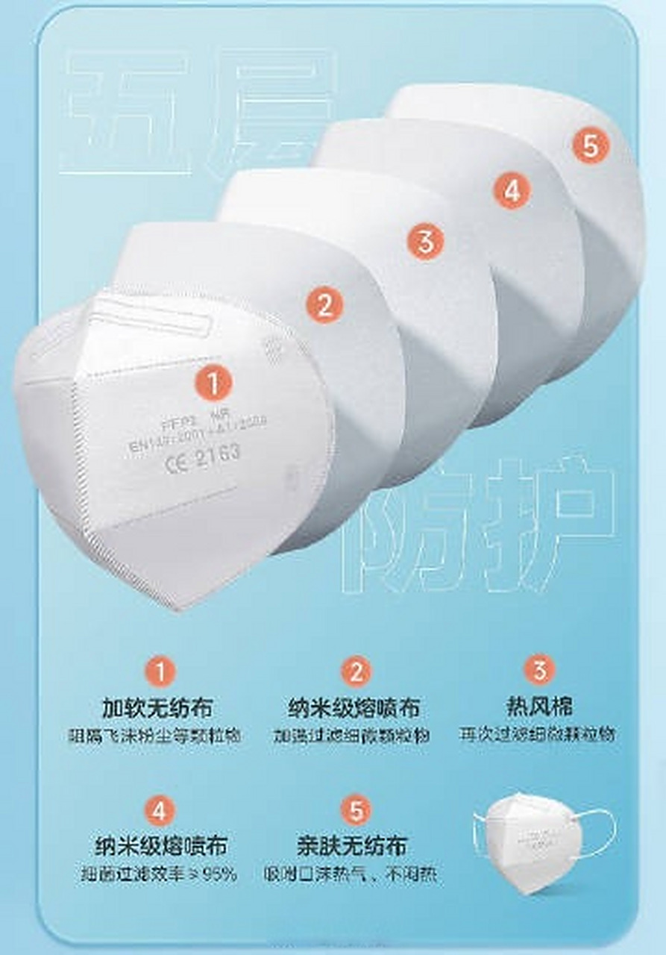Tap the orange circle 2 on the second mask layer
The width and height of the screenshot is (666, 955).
(x=324, y=304)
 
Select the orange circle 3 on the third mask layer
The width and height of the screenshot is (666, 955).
(x=425, y=242)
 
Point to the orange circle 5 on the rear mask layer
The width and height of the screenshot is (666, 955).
(x=591, y=145)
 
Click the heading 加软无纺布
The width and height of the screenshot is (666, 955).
(x=157, y=707)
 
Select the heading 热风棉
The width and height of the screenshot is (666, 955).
(x=538, y=705)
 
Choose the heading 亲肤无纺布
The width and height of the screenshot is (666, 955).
(x=352, y=846)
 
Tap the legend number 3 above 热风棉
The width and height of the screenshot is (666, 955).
(x=539, y=670)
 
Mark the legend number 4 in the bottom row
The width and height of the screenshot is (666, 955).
(x=160, y=811)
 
